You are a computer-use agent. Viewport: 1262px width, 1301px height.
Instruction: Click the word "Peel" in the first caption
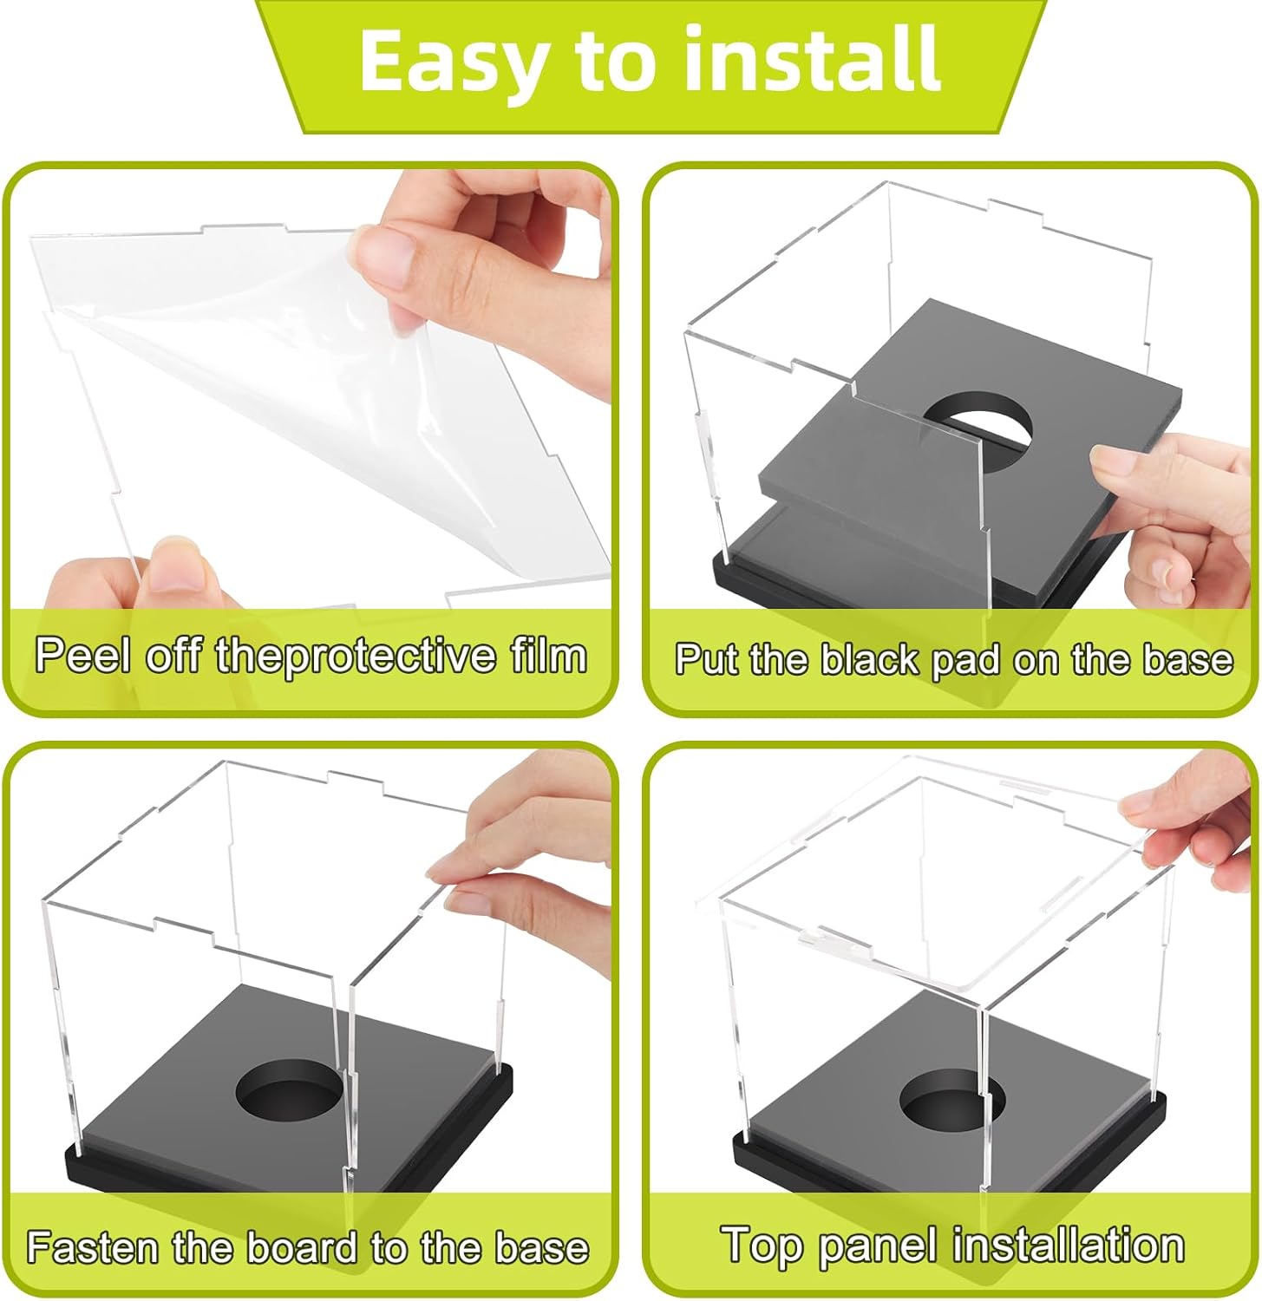click(x=82, y=656)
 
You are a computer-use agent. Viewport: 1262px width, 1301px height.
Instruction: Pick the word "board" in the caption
click(x=302, y=1247)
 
